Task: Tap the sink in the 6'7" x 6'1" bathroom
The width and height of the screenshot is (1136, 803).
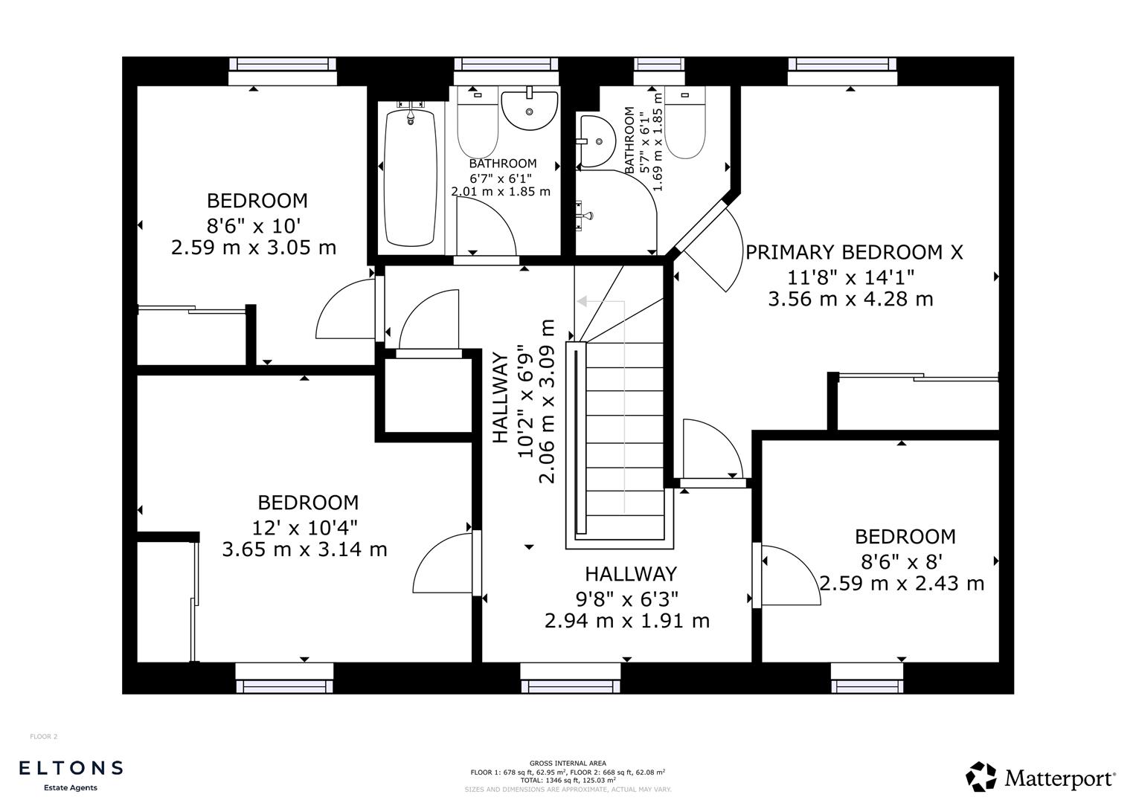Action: point(529,109)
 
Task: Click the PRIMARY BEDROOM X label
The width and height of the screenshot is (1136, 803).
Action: point(854,253)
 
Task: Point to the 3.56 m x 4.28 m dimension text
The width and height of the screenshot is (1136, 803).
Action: point(850,300)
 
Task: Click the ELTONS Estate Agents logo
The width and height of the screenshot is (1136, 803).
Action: point(71,774)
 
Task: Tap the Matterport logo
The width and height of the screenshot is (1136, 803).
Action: point(1041,778)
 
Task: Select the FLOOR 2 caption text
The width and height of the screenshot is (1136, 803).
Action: point(43,737)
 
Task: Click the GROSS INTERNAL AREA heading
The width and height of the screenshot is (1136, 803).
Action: point(568,763)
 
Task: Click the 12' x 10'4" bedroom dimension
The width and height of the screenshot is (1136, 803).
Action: point(305,528)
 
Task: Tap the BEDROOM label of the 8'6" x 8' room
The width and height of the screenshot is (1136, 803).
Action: point(905,537)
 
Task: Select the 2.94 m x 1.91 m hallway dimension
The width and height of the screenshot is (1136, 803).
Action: point(626,621)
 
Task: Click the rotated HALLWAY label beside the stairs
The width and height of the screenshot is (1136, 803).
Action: point(501,398)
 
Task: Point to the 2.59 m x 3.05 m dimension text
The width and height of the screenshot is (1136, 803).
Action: point(254,248)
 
